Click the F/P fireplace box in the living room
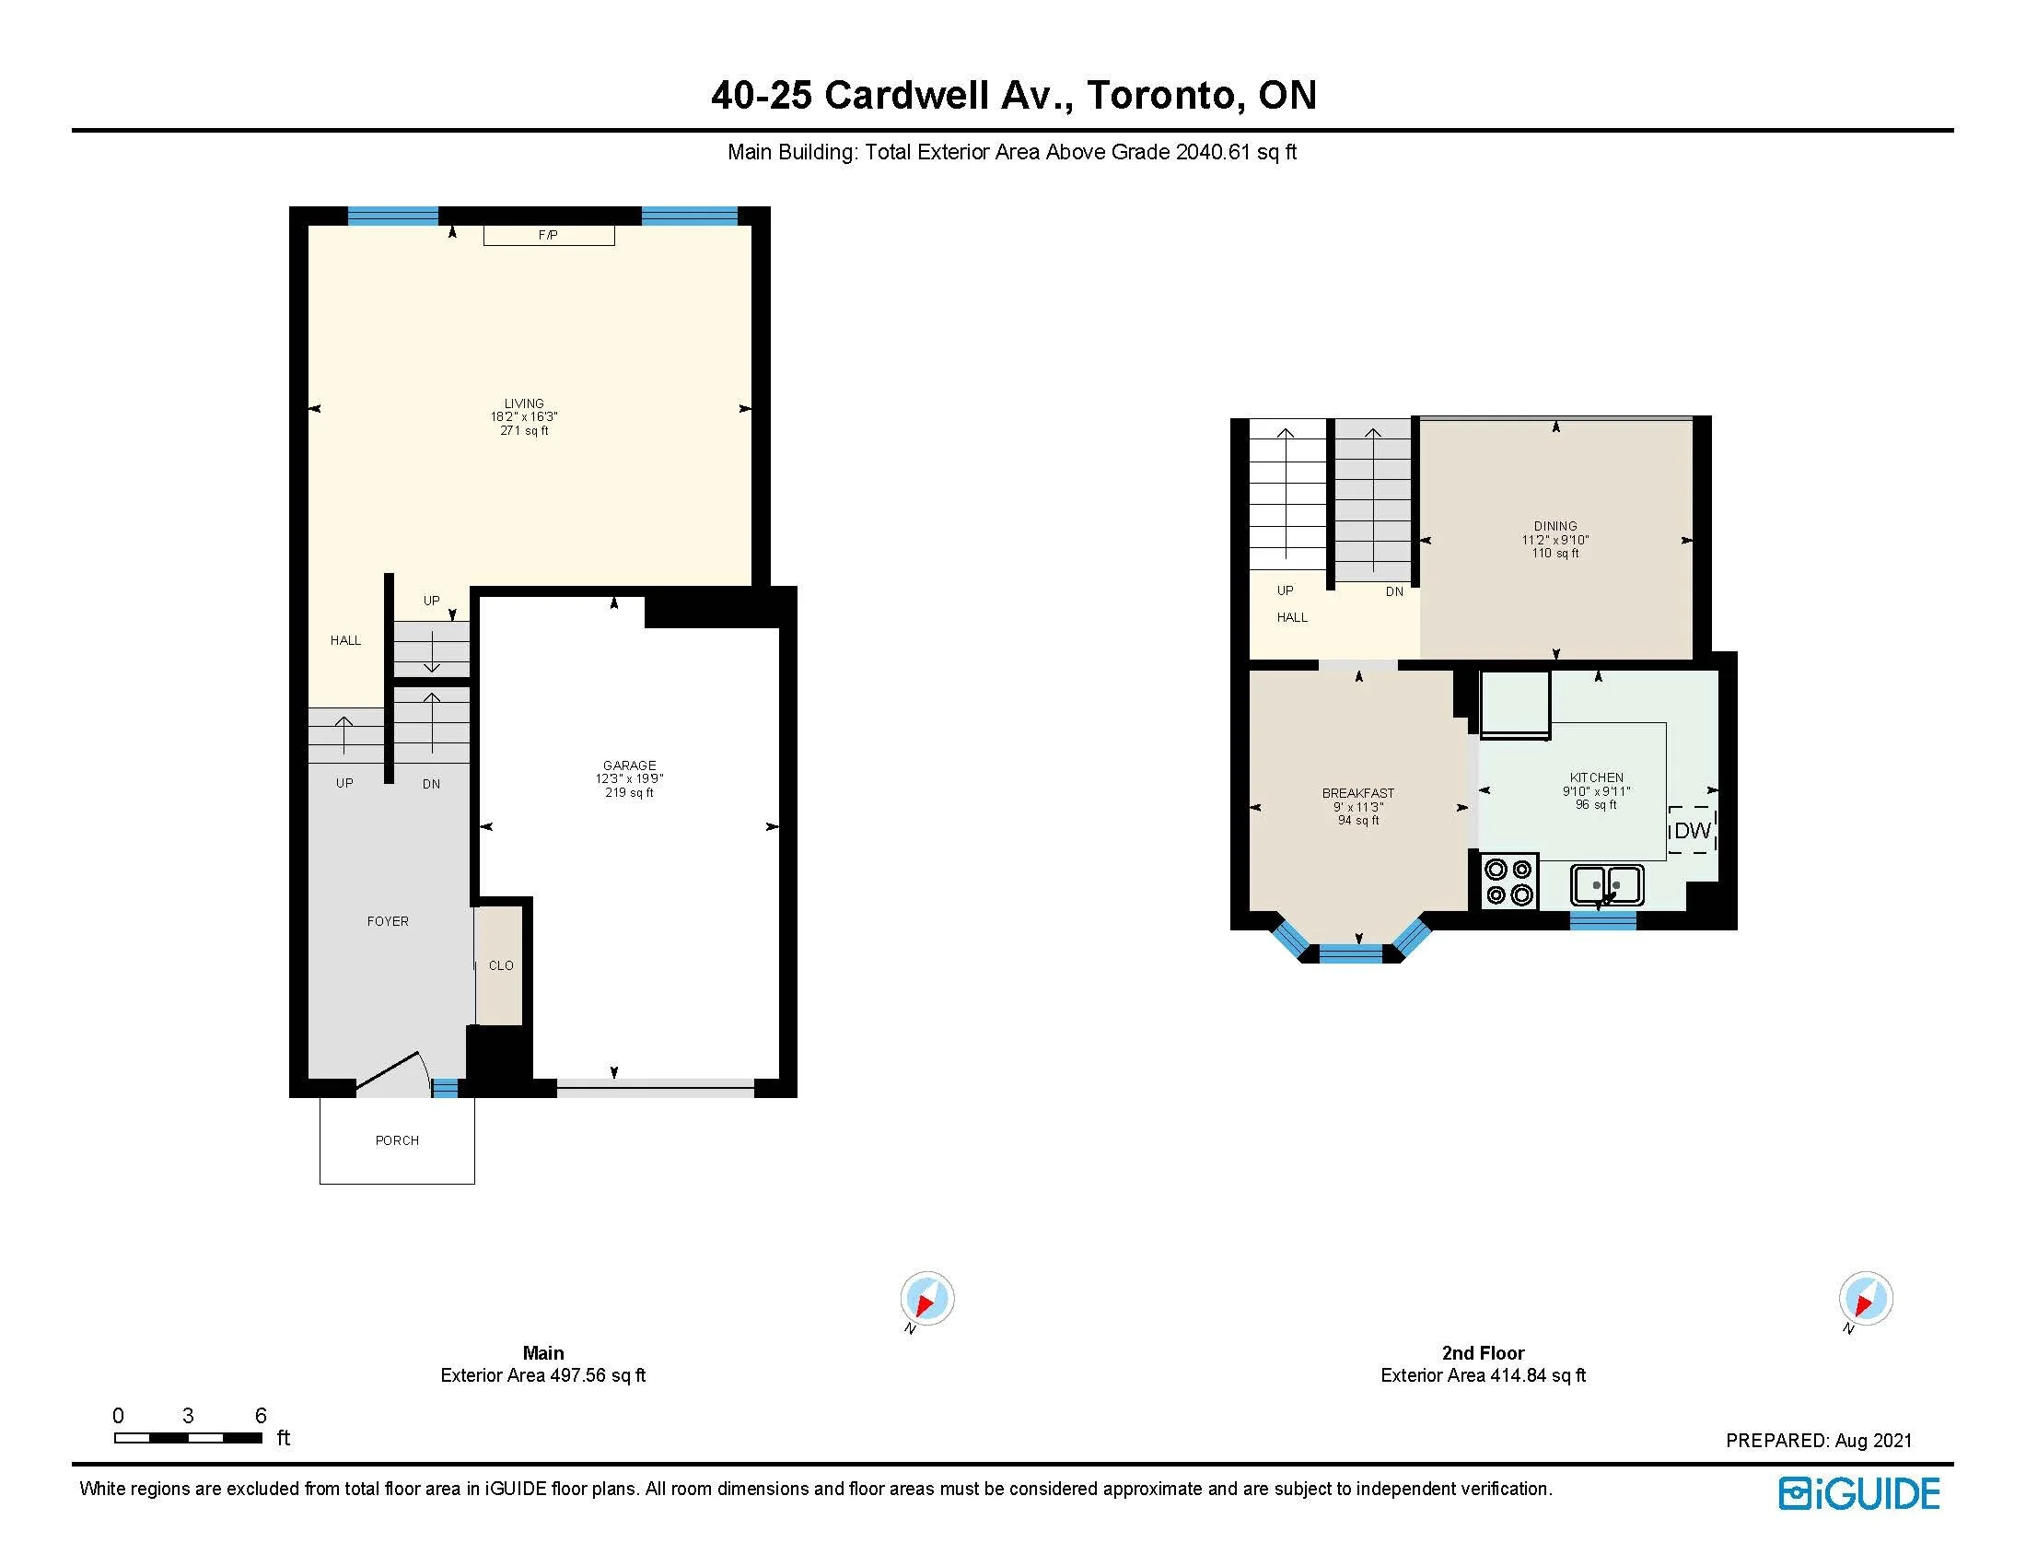548,235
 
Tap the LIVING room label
524,403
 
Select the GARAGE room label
629,765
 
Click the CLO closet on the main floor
499,965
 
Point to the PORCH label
397,1140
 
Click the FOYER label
388,921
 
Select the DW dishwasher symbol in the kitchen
1692,829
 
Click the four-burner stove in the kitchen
1508,882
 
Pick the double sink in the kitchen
1607,885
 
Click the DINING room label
1555,526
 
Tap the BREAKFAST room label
1358,793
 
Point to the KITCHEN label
1597,777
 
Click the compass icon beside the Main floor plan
926,1299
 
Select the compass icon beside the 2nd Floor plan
1866,1299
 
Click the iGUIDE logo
1859,1492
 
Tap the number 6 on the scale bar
261,1416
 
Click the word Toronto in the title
1163,96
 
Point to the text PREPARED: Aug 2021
1818,1441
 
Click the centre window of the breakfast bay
1351,952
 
